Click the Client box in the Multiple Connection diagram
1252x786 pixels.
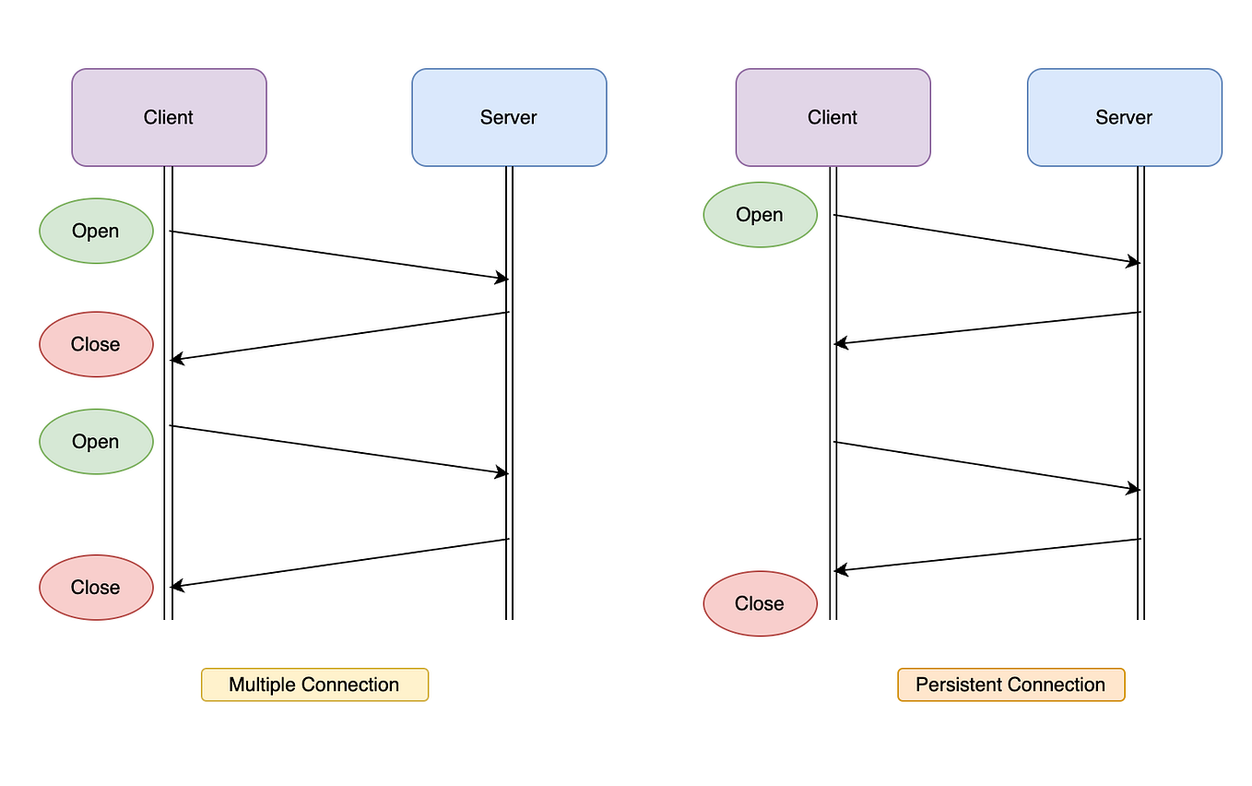[x=169, y=117]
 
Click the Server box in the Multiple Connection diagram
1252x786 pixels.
[x=509, y=117]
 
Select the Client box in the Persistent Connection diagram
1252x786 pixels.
[x=833, y=117]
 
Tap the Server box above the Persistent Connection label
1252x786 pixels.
[x=1124, y=117]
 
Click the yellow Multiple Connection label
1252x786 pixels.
[x=314, y=685]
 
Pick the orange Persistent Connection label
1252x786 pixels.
[x=1010, y=685]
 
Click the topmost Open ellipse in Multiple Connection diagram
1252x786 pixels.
[x=96, y=231]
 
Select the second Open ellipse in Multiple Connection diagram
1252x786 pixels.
[x=96, y=442]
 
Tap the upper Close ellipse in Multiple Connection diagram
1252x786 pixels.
[x=96, y=344]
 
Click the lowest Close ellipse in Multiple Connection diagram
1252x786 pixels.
[x=96, y=588]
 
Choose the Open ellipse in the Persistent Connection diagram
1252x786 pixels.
[x=760, y=215]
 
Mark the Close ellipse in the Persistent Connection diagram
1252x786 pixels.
[x=760, y=603]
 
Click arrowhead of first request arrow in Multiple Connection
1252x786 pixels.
[x=502, y=278]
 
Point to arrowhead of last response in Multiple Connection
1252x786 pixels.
[x=177, y=586]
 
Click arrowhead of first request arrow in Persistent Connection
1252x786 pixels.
[x=1134, y=262]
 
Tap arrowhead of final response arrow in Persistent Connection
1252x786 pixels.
[x=841, y=571]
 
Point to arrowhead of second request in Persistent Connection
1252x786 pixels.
[x=1134, y=489]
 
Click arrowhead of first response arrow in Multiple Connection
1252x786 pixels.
[x=177, y=359]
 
